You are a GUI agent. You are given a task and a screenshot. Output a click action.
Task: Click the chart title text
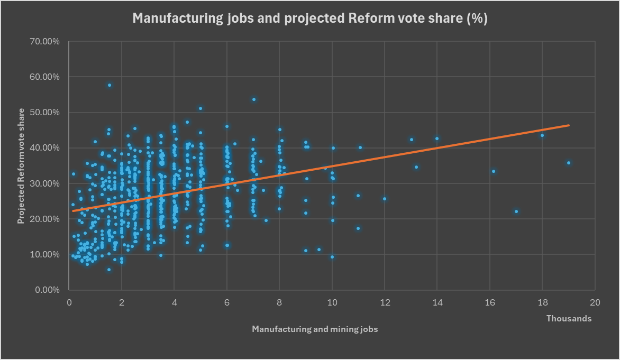[310, 18]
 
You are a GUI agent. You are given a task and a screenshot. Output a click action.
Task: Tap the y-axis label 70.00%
[44, 41]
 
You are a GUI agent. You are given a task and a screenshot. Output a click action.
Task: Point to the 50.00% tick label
[44, 112]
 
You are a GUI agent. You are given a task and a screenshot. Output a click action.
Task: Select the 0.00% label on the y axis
[47, 290]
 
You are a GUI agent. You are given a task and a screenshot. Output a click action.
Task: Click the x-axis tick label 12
[385, 303]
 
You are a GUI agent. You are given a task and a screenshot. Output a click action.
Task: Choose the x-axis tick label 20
[595, 303]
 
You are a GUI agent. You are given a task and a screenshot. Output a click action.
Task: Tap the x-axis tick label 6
[227, 303]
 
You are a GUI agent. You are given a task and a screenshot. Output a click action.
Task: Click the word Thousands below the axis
[569, 319]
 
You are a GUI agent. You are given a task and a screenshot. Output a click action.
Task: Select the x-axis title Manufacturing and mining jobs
[315, 329]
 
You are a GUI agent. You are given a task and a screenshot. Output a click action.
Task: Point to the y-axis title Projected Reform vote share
[21, 166]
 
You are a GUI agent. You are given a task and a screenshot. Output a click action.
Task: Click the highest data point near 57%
[110, 85]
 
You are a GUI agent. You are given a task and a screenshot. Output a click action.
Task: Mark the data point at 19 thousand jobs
[569, 163]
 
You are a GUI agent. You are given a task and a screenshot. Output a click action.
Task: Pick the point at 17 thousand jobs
[516, 211]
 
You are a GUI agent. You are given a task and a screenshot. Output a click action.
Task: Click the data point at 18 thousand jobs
[542, 135]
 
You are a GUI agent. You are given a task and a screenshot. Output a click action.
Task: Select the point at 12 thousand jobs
[385, 199]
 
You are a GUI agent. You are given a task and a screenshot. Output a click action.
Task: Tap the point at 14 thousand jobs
[437, 139]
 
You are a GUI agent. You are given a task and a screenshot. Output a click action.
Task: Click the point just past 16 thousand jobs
[494, 171]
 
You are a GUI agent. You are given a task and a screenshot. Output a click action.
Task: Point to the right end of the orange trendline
[569, 125]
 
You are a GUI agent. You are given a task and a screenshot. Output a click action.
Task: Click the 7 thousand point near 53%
[254, 99]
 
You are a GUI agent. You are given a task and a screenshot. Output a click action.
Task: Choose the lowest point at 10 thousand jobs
[332, 257]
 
